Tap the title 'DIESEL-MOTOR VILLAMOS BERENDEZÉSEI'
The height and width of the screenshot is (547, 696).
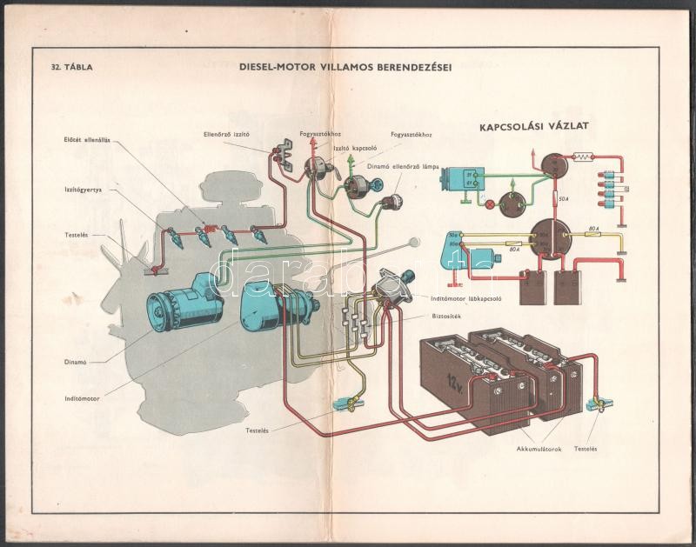pyautogui.click(x=351, y=65)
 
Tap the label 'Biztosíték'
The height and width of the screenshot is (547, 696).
pyautogui.click(x=445, y=317)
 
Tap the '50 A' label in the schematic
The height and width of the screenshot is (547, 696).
pyautogui.click(x=565, y=199)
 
